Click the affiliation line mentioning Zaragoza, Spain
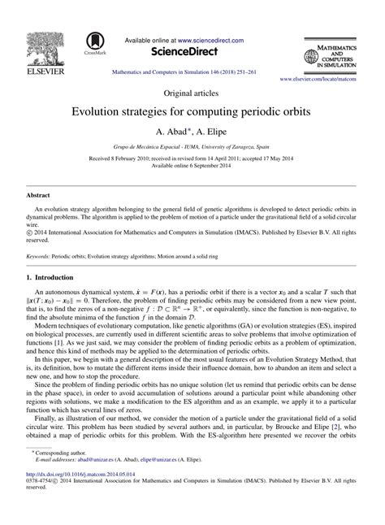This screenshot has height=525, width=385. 192,146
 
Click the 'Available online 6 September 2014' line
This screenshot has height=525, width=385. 192,165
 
